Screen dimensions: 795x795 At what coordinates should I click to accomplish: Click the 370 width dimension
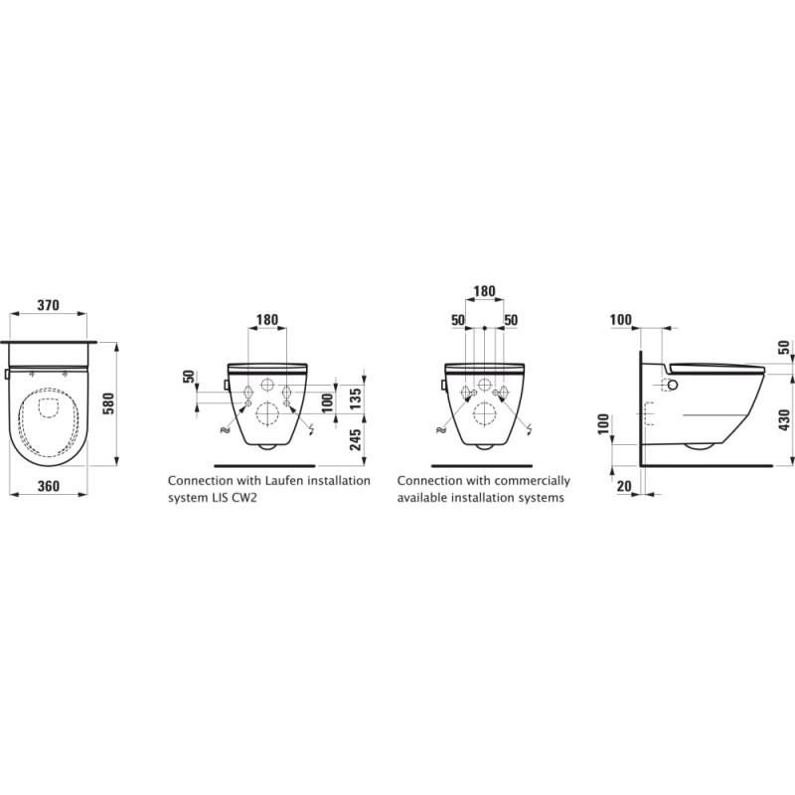point(48,306)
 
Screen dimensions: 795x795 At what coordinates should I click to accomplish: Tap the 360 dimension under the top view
point(48,487)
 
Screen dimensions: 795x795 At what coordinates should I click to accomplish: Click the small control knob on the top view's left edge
point(7,375)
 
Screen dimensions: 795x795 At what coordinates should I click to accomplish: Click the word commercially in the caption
point(537,480)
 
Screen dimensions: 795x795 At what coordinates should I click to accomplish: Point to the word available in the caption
point(423,497)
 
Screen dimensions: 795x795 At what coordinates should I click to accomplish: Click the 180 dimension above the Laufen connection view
point(266,320)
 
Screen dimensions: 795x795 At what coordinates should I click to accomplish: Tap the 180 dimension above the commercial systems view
point(483,291)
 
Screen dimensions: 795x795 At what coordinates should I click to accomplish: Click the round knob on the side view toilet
point(671,386)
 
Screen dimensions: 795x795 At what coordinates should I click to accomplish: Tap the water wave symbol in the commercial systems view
point(438,428)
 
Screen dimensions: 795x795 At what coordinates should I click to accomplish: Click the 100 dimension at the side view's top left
point(621,320)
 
